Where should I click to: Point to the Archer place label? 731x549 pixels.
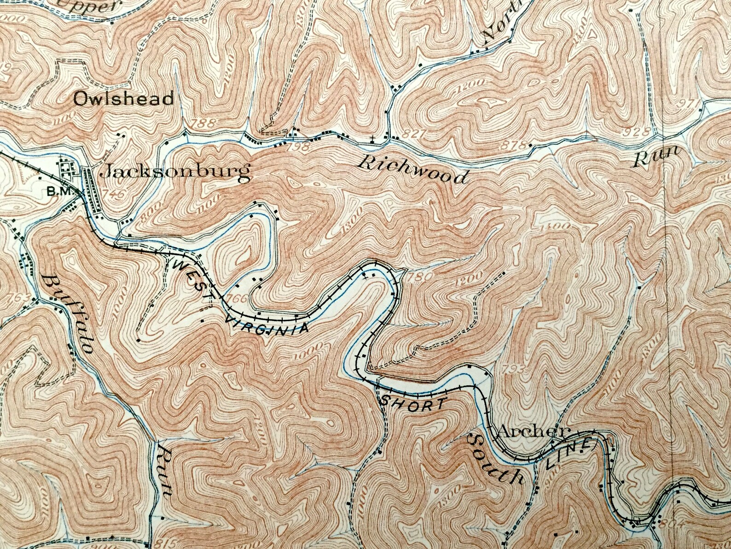point(534,432)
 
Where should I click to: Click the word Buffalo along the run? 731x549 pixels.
point(70,312)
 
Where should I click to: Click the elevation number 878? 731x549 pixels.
point(515,145)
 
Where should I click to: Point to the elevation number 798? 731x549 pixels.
point(294,147)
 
